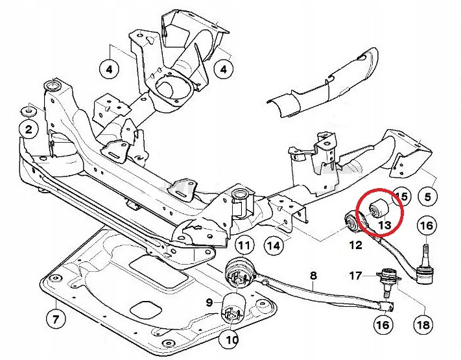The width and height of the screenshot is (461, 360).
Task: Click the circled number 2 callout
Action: click(29, 130)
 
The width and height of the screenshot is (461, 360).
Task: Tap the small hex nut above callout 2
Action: click(29, 109)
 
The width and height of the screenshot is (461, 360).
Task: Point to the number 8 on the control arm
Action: click(313, 276)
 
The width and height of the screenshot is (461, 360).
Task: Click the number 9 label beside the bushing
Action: click(209, 302)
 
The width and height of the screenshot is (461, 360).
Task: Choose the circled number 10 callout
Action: click(232, 339)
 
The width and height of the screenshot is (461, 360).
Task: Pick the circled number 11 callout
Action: click(243, 245)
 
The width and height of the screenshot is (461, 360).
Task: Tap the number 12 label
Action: click(355, 245)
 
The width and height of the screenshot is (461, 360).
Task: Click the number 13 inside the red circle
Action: click(384, 225)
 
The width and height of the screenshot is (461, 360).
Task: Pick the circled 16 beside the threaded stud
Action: click(426, 226)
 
